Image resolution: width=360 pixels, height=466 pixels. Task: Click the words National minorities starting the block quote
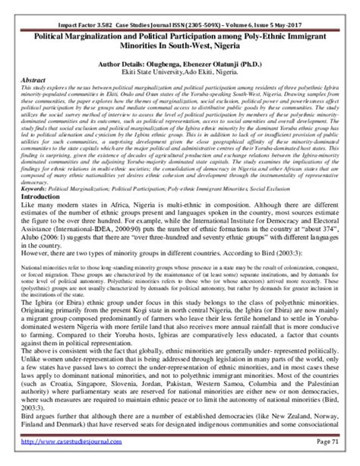click(41, 269)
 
